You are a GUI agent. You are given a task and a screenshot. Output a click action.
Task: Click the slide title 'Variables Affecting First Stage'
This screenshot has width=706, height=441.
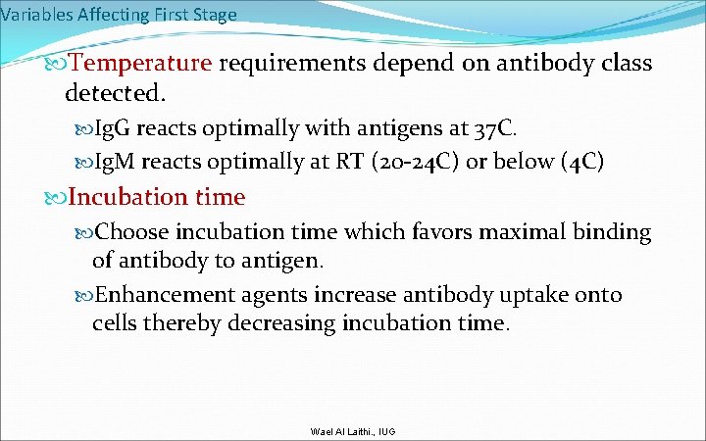(119, 14)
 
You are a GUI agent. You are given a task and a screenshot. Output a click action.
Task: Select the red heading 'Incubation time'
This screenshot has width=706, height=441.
(157, 197)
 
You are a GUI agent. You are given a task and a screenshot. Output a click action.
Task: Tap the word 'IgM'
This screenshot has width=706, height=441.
(119, 162)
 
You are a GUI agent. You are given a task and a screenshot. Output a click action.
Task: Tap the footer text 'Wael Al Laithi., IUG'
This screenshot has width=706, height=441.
(352, 431)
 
